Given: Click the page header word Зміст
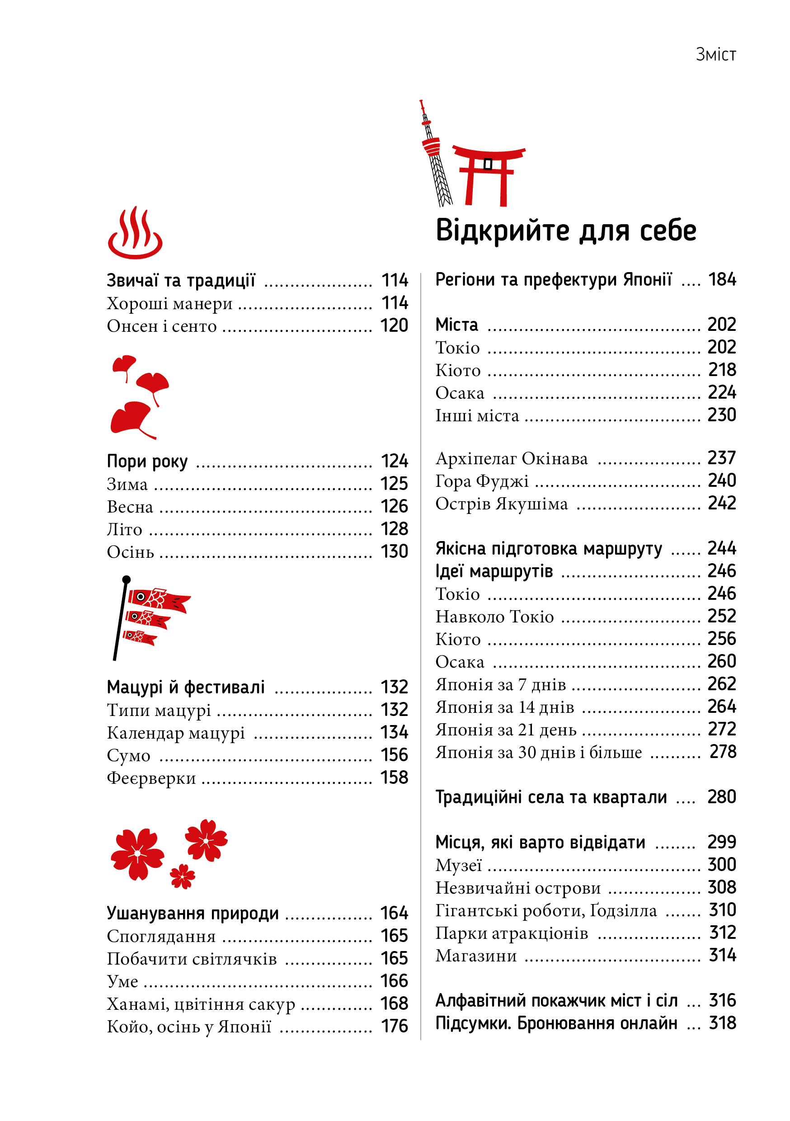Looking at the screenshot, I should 715,54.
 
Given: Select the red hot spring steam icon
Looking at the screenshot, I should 135,233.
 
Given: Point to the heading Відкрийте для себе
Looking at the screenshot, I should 565,231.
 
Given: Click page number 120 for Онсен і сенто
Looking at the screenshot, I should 394,325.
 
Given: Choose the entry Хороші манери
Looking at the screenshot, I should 169,304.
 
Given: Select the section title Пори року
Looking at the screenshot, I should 147,462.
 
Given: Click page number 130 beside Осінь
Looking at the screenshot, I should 394,552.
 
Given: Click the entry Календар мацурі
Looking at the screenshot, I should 176,733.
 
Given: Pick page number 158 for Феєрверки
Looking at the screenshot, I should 394,778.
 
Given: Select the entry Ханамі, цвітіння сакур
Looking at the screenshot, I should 201,1004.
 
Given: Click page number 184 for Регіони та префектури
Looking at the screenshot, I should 722,280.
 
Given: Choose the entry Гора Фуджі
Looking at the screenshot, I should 482,481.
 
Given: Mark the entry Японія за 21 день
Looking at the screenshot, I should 506,730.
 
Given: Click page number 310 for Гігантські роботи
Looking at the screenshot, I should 722,910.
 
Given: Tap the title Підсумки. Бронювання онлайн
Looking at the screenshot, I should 556,1023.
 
